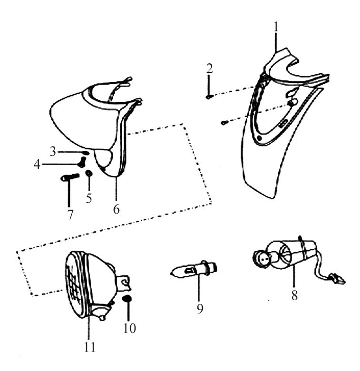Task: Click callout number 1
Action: pyautogui.click(x=276, y=28)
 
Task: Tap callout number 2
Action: pyautogui.click(x=209, y=68)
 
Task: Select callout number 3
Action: pyautogui.click(x=53, y=151)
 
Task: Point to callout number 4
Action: pyautogui.click(x=37, y=165)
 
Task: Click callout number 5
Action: pyautogui.click(x=89, y=198)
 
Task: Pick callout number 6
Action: pyautogui.click(x=116, y=209)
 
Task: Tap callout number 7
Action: pyautogui.click(x=70, y=215)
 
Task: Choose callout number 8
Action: pyautogui.click(x=294, y=295)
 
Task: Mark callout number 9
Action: pyautogui.click(x=200, y=308)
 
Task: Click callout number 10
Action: pyautogui.click(x=129, y=328)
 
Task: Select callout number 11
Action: pyautogui.click(x=90, y=347)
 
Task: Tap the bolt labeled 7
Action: pyautogui.click(x=70, y=177)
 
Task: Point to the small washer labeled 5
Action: pyautogui.click(x=89, y=173)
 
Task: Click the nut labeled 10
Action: pyautogui.click(x=127, y=298)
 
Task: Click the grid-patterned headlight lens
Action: pyautogui.click(x=74, y=284)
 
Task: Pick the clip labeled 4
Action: pyautogui.click(x=82, y=162)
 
